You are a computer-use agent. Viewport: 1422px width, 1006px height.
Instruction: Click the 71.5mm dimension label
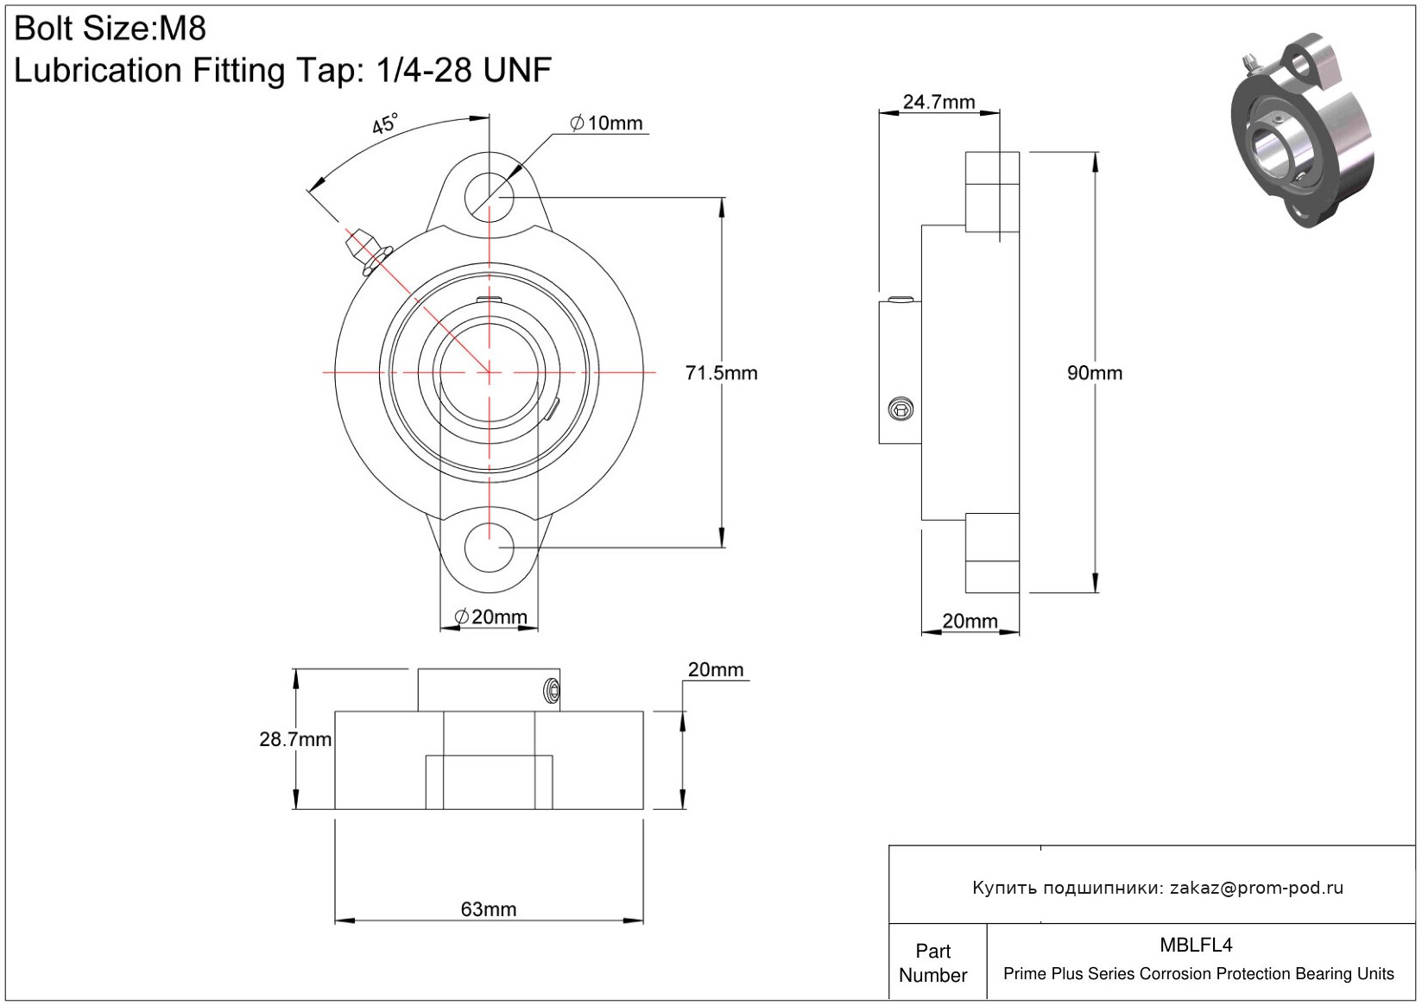[721, 373]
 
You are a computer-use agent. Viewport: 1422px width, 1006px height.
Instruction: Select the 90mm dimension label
[1094, 373]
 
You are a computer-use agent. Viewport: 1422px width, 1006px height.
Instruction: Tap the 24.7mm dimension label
[939, 102]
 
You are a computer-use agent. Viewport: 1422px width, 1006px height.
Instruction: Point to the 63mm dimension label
[489, 909]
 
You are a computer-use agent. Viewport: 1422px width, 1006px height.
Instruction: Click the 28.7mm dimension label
[295, 739]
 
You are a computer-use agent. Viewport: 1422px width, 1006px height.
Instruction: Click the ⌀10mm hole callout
[607, 123]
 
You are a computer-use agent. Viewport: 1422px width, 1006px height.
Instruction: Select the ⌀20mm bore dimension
[490, 617]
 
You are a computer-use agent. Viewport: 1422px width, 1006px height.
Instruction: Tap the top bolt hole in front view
[490, 197]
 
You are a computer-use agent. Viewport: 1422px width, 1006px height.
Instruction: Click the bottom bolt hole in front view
[490, 547]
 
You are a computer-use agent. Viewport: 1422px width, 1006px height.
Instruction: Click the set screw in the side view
[901, 409]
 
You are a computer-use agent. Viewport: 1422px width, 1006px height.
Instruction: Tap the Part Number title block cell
[933, 963]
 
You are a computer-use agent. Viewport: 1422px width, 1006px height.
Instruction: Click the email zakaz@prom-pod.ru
[1256, 888]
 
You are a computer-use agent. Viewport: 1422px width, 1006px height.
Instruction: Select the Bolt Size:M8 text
[111, 28]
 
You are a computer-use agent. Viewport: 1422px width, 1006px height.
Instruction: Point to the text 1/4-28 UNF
[463, 71]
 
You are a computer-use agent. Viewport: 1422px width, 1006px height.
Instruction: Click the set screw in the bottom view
[551, 690]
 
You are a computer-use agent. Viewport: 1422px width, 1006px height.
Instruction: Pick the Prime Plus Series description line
[1198, 974]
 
